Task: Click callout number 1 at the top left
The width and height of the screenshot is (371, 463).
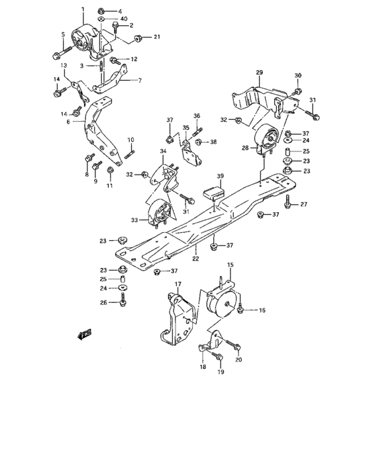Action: pyautogui.click(x=83, y=9)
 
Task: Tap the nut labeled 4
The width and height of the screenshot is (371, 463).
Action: pyautogui.click(x=100, y=11)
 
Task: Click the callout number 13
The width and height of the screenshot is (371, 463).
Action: pyautogui.click(x=64, y=65)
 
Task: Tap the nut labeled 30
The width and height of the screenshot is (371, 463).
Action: pyautogui.click(x=298, y=90)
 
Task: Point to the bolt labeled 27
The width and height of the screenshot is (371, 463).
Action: pyautogui.click(x=289, y=200)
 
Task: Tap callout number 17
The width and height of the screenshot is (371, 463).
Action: pyautogui.click(x=178, y=285)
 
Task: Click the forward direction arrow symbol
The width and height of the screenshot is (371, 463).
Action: pyautogui.click(x=85, y=335)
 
